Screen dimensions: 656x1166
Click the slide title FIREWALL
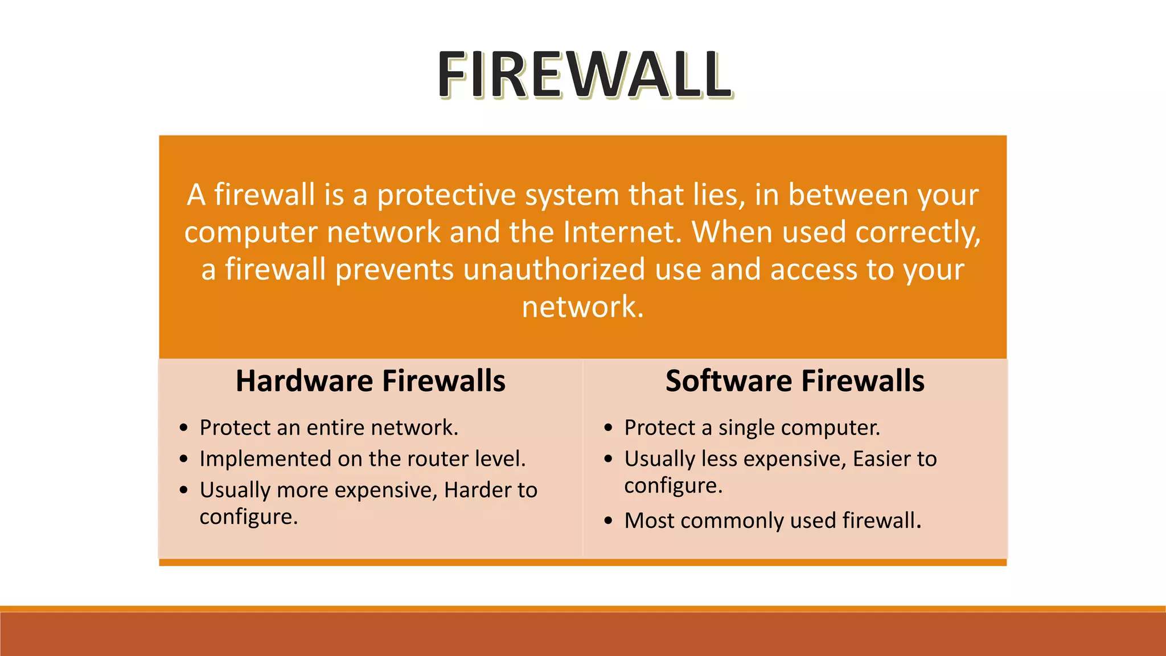(x=585, y=75)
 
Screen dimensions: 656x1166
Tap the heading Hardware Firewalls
(x=371, y=381)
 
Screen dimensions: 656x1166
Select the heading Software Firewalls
(x=795, y=381)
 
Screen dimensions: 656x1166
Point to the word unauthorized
(x=554, y=269)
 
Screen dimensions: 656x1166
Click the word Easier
(x=884, y=459)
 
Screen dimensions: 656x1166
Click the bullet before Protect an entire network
(x=183, y=428)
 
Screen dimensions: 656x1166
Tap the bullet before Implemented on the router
(x=183, y=460)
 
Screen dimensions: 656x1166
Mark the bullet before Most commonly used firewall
(x=609, y=521)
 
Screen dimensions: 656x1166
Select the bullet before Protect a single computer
(x=609, y=428)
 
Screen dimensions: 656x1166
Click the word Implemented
(x=265, y=459)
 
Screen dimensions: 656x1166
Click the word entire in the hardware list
(x=335, y=428)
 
